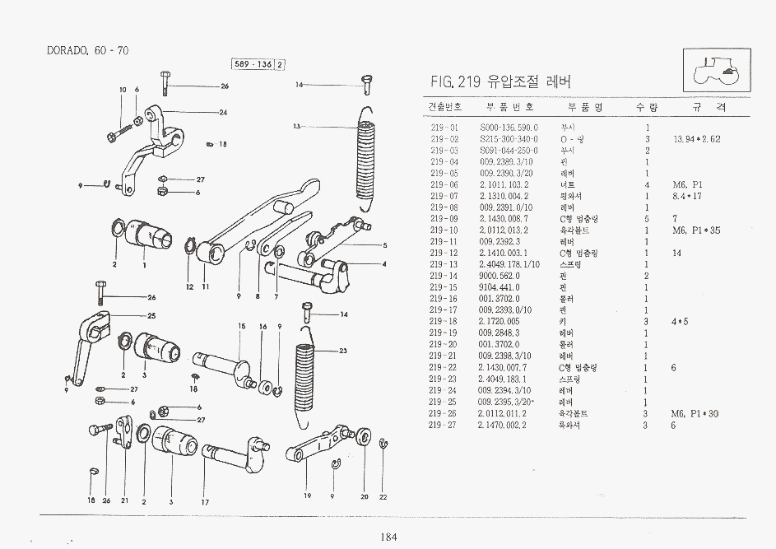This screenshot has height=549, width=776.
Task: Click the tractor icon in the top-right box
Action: tap(716, 68)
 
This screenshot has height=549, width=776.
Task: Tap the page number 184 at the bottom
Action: tap(388, 537)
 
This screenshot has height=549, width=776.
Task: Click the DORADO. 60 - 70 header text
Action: tap(87, 51)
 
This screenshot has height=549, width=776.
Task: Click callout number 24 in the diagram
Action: tap(223, 112)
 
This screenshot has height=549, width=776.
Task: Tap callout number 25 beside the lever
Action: tap(151, 316)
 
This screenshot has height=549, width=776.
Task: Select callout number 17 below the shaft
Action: tap(205, 501)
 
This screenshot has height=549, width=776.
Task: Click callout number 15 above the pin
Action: tap(242, 327)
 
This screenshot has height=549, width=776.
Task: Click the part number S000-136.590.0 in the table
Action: tap(509, 128)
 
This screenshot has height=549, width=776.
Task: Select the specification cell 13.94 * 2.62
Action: tap(696, 140)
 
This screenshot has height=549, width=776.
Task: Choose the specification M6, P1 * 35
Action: tap(696, 230)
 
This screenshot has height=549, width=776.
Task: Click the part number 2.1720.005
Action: tap(500, 322)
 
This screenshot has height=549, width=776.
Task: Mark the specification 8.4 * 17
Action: tap(689, 197)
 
